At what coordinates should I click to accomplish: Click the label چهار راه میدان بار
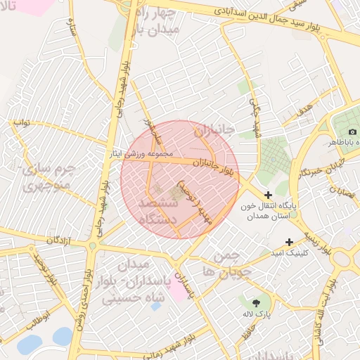[159, 21]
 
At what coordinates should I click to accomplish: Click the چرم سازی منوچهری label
[47, 178]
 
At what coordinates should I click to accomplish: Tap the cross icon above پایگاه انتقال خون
[268, 193]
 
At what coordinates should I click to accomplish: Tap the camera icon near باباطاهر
[352, 131]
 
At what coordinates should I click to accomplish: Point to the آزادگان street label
[60, 241]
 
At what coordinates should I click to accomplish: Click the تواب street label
[21, 122]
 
